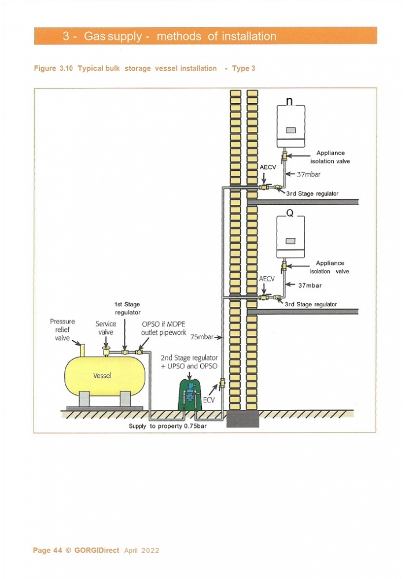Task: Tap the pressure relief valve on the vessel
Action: [82, 350]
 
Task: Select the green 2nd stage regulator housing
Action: [190, 395]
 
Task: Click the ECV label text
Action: [209, 400]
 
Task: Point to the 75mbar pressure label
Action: [202, 337]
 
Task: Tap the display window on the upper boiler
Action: [290, 130]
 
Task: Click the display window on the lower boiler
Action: [290, 241]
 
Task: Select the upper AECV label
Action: [268, 167]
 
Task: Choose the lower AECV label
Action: [267, 279]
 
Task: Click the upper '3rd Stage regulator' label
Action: [312, 193]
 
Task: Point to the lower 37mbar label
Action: [310, 285]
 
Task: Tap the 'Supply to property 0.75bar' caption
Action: [167, 426]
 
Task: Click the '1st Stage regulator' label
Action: [127, 309]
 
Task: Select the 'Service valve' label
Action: [106, 328]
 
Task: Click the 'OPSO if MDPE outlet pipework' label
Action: [164, 328]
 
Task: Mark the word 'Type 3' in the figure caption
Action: [244, 68]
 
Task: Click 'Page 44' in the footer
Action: [47, 551]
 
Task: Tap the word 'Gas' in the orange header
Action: [93, 36]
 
